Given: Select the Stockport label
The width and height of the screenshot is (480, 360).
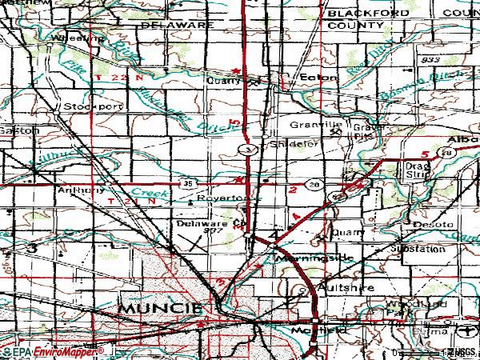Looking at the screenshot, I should coord(84,105).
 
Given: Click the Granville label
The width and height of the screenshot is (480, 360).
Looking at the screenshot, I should coord(315,126).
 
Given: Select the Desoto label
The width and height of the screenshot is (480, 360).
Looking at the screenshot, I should coord(430,226).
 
